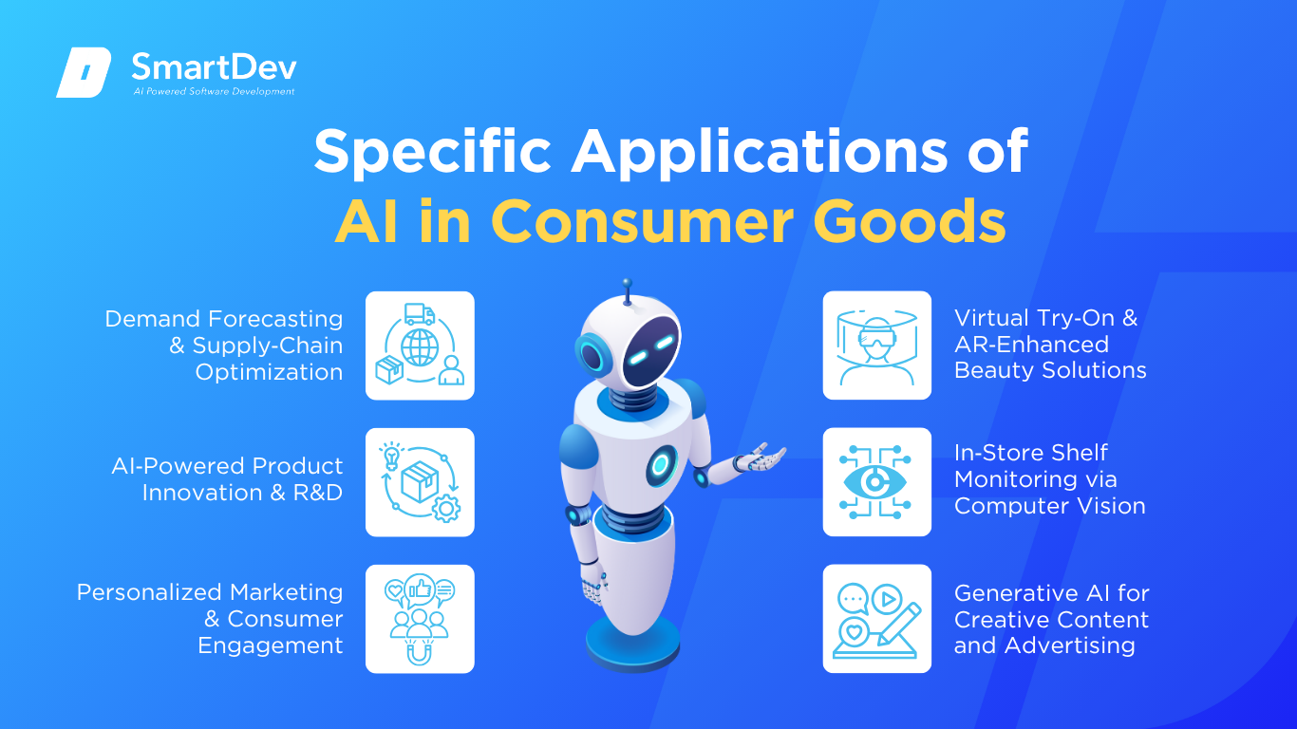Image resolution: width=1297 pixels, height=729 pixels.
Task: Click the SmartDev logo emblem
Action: pyautogui.click(x=84, y=72)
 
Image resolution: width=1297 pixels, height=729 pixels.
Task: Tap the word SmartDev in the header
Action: pyautogui.click(x=215, y=66)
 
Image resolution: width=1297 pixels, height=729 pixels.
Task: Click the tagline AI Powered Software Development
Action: pyautogui.click(x=214, y=91)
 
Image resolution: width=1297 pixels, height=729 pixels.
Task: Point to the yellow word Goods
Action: pyautogui.click(x=910, y=222)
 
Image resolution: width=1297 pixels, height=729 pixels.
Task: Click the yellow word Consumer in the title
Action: pyautogui.click(x=642, y=222)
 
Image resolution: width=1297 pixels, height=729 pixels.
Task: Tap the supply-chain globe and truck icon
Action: pyautogui.click(x=420, y=346)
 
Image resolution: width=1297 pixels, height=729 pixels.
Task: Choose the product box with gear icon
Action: pyautogui.click(x=420, y=482)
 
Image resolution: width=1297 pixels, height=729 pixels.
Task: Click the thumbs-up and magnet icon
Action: pyautogui.click(x=420, y=619)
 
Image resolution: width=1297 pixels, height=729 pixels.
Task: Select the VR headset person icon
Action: pyautogui.click(x=877, y=346)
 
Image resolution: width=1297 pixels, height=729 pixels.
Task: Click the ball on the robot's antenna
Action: pyautogui.click(x=627, y=283)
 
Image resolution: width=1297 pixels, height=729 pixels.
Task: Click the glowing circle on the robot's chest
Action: pyautogui.click(x=661, y=464)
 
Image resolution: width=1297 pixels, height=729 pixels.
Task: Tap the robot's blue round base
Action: pyautogui.click(x=632, y=645)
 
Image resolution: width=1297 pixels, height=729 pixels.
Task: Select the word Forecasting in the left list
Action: pyautogui.click(x=275, y=319)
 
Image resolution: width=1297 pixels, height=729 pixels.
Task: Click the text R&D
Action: pyautogui.click(x=318, y=493)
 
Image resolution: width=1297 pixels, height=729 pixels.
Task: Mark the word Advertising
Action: pyautogui.click(x=1069, y=646)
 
